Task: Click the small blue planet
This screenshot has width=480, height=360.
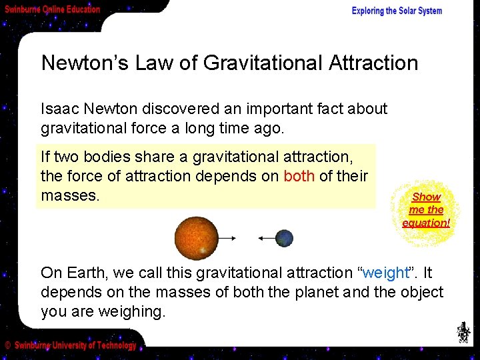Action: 285,238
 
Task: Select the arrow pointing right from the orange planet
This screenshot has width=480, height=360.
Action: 227,238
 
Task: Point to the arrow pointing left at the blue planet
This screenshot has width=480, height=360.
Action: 267,238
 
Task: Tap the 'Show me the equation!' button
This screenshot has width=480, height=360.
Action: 426,209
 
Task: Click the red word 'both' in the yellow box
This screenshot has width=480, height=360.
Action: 297,176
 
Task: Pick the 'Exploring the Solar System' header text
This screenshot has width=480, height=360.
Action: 397,11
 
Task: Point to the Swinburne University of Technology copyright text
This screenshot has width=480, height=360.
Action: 71,345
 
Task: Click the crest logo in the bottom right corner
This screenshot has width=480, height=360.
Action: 462,331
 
